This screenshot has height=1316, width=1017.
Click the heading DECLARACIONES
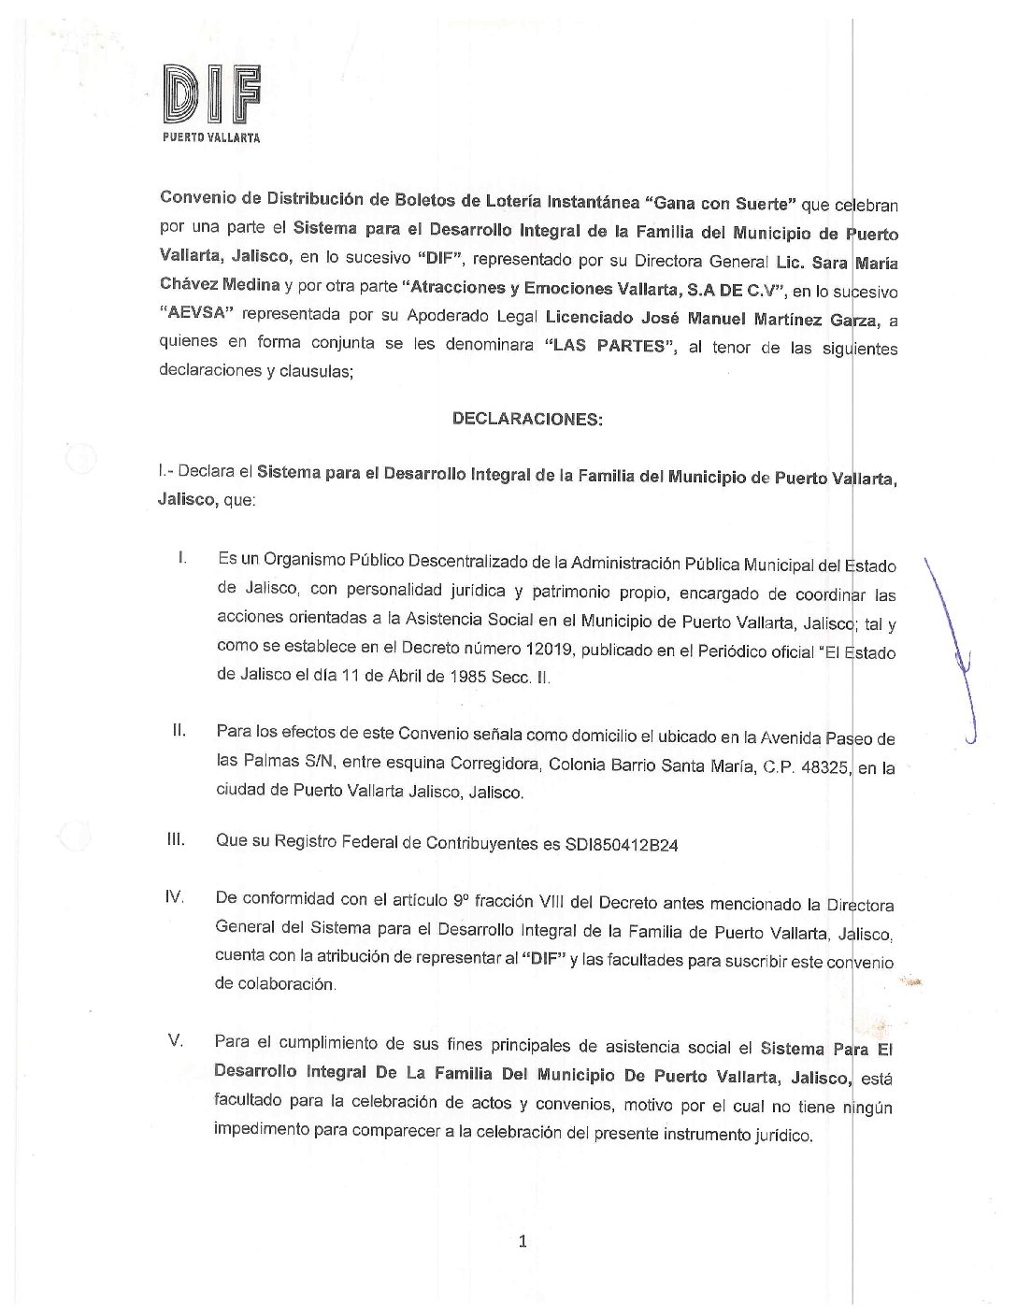(x=527, y=419)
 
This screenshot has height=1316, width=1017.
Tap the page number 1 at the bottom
(x=523, y=1241)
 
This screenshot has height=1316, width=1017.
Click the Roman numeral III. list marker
(x=176, y=840)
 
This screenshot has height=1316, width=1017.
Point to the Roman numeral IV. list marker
(x=174, y=897)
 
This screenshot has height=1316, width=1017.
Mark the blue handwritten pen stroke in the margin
(x=954, y=645)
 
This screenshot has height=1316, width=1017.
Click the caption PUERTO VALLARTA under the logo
(x=211, y=138)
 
